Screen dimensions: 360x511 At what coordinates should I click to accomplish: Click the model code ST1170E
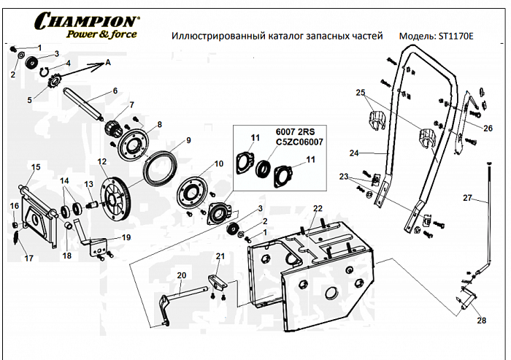pos(456,36)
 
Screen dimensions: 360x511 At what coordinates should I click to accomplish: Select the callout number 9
pos(188,140)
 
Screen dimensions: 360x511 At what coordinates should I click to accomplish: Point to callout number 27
pos(467,198)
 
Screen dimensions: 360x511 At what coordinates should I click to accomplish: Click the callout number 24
pos(374,154)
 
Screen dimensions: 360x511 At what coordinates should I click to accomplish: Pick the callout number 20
pos(182,275)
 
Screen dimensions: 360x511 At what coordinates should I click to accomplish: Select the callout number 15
pos(35,167)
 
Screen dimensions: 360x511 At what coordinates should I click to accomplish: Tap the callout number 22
pos(318,209)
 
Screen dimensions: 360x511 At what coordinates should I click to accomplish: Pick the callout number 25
pos(360,93)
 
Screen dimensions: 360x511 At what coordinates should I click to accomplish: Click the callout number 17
pos(29,258)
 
